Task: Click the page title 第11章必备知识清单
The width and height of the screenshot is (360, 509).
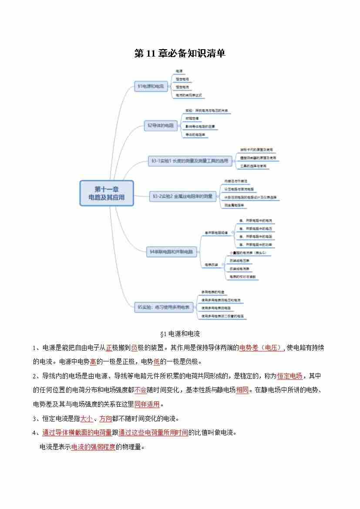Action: (180, 54)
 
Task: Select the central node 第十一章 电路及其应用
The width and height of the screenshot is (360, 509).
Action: (106, 193)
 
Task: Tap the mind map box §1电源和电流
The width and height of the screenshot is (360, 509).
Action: (151, 87)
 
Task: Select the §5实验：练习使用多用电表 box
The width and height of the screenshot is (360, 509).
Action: (164, 307)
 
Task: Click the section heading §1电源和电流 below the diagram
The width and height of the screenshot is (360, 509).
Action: (180, 334)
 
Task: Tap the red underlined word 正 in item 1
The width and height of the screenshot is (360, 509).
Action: (109, 347)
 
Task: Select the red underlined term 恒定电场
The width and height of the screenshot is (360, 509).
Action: (289, 376)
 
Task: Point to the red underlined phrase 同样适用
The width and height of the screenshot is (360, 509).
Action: (147, 404)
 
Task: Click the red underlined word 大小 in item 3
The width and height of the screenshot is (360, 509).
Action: (87, 418)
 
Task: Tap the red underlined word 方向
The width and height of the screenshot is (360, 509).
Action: (105, 418)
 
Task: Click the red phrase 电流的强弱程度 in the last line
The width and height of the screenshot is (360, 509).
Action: (93, 447)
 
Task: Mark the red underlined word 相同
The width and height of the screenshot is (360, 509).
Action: (242, 390)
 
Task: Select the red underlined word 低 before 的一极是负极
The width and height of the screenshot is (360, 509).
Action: (157, 362)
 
